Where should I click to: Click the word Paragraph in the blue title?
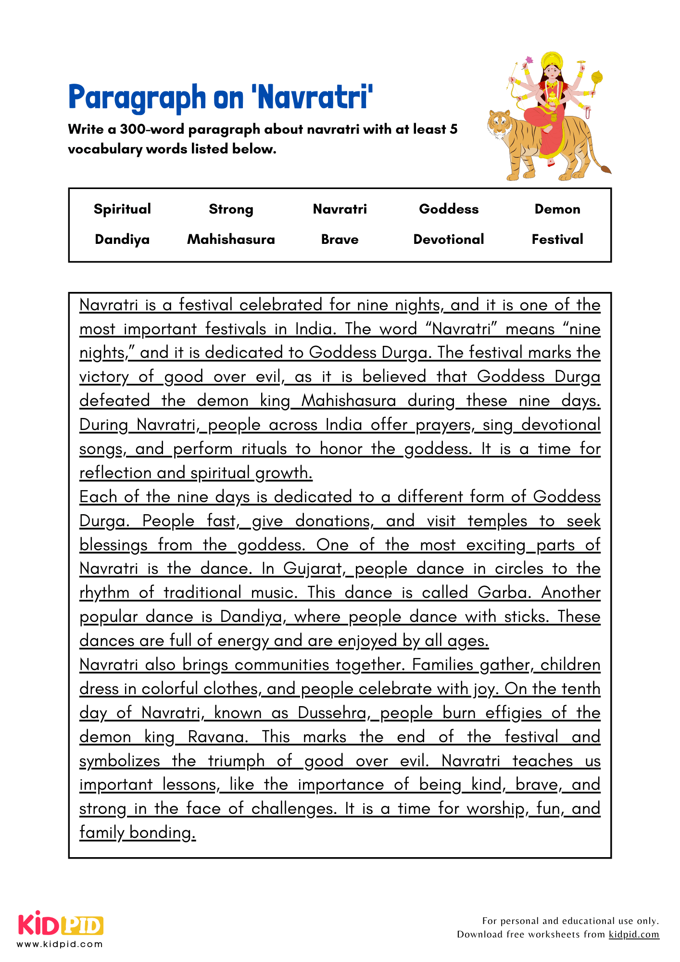pos(137,98)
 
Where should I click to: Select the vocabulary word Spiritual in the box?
pos(122,209)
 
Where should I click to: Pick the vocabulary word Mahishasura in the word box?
pos(231,240)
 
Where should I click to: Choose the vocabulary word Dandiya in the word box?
pos(122,240)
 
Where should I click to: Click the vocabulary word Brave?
pos(340,240)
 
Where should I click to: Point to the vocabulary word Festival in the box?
pos(557,240)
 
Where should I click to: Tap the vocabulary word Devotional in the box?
pos(449,240)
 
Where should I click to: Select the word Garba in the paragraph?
pos(504,593)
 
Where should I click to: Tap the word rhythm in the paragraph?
pos(104,593)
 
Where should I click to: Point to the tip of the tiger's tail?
pos(606,169)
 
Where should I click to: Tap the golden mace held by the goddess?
pos(597,77)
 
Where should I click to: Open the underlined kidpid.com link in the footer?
pos(634,935)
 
